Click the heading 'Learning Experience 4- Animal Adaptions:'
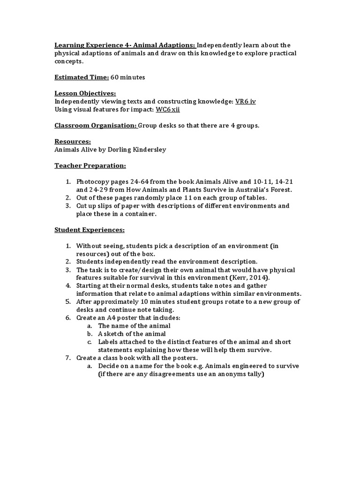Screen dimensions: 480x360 point(125,45)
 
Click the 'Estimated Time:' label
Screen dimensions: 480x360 point(82,77)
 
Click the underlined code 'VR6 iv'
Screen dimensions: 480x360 point(246,101)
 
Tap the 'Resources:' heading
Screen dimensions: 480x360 point(73,141)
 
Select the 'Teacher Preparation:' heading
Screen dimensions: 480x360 point(90,165)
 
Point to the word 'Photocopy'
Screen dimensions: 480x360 point(93,181)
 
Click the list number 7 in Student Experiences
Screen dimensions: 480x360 point(67,358)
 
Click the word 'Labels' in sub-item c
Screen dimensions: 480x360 point(108,342)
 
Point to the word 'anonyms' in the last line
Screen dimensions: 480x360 point(220,374)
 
